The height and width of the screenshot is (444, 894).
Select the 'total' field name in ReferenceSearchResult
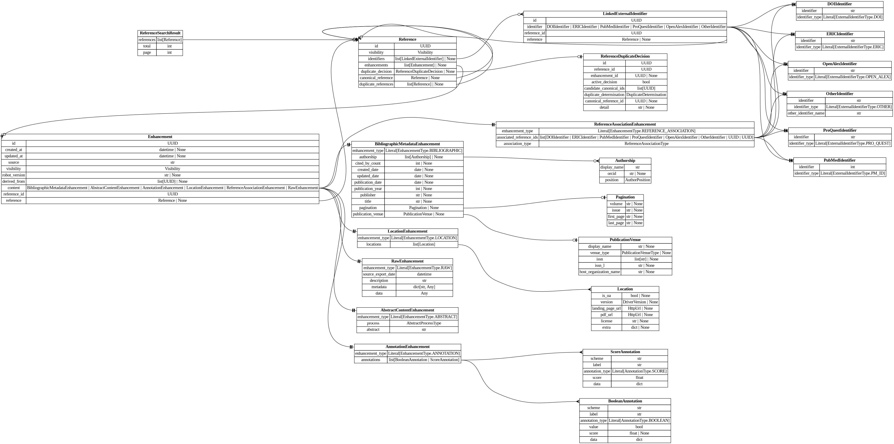(x=147, y=46)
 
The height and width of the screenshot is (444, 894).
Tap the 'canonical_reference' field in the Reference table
(x=376, y=78)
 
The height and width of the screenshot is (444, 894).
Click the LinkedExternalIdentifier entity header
(x=625, y=14)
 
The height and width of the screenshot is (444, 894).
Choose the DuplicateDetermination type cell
(x=646, y=95)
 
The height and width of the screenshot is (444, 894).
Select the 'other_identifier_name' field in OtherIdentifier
(x=806, y=113)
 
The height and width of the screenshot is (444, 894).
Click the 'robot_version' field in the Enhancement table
(x=14, y=175)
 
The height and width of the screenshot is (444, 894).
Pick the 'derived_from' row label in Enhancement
(x=14, y=181)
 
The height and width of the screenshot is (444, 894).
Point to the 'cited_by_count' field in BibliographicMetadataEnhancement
(x=368, y=163)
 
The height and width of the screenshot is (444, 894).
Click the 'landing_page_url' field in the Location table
(x=606, y=308)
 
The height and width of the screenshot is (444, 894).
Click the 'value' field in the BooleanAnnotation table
(x=593, y=427)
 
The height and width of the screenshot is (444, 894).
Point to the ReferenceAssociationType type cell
(x=646, y=144)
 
